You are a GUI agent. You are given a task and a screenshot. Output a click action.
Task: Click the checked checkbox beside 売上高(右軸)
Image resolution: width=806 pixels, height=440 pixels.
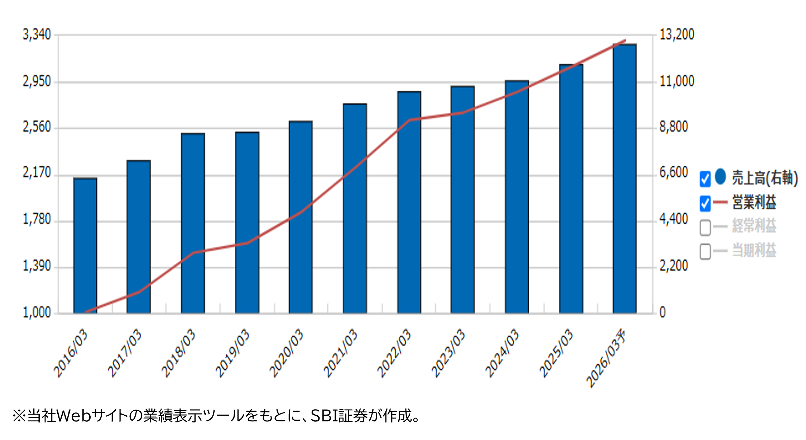point(705,179)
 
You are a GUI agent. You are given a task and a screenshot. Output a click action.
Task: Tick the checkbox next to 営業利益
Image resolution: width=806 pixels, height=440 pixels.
point(705,203)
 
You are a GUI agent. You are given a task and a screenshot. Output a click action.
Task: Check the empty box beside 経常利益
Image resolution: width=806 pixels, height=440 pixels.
point(705,227)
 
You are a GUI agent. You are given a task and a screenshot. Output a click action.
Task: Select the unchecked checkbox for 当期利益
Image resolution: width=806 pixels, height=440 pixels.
point(705,251)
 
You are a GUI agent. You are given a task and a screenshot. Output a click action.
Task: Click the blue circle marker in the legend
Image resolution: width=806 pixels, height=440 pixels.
point(720,177)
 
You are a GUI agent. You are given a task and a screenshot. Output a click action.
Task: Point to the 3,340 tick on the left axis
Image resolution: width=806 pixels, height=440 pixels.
point(37,35)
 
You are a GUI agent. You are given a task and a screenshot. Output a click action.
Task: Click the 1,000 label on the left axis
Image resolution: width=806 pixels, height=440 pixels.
point(37,313)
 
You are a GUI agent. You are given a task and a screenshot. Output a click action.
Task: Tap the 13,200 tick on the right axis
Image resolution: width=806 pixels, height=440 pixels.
point(677,35)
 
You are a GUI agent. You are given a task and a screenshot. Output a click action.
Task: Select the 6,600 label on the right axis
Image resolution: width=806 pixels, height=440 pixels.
point(674,173)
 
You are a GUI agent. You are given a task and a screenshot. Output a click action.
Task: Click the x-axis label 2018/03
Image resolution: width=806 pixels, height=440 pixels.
point(178,353)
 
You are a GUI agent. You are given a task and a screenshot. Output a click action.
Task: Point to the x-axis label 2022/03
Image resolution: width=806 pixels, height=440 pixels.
point(394,353)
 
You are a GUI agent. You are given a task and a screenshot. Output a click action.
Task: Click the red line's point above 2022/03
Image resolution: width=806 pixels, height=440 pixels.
point(409,120)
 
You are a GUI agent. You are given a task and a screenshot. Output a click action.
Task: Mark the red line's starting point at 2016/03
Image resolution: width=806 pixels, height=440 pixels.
point(86,312)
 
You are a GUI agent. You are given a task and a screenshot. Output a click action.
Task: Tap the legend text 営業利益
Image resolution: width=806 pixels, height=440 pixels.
point(754,203)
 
